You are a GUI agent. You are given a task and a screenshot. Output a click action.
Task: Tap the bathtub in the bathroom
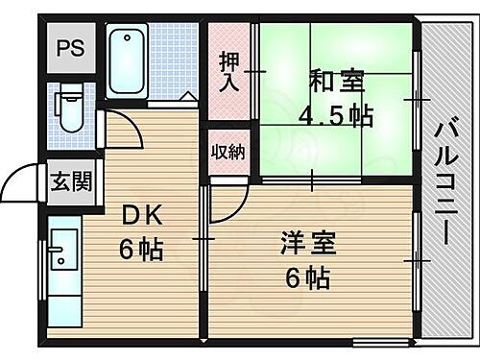(x=127, y=61)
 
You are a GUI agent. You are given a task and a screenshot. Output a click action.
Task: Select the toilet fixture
(x=70, y=108)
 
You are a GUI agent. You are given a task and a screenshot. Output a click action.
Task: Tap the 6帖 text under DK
(x=141, y=249)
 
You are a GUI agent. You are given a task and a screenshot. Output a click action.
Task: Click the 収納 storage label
(x=228, y=151)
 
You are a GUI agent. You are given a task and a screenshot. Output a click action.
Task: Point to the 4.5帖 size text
(x=336, y=117)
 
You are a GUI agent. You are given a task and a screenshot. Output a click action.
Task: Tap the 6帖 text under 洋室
(x=307, y=278)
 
